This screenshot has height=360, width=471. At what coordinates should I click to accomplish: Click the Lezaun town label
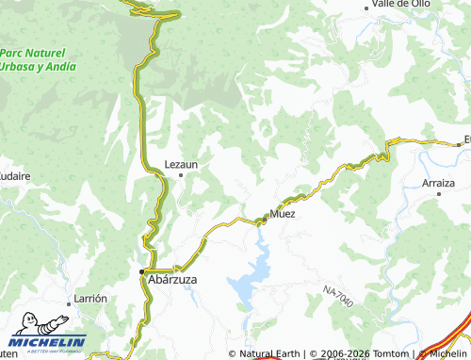[x=181, y=163]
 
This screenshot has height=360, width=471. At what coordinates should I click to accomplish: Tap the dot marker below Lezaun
[x=181, y=174]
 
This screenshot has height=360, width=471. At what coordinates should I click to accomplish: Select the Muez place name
[x=283, y=214]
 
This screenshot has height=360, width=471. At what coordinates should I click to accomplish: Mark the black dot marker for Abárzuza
[x=142, y=271]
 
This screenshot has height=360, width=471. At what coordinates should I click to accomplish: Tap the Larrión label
[x=89, y=298]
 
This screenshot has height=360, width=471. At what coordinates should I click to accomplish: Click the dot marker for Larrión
[x=72, y=304]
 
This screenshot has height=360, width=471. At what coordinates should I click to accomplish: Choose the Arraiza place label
[x=439, y=183]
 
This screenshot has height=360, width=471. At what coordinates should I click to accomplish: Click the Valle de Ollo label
[x=401, y=5]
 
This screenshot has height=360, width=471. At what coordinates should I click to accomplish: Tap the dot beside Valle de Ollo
[x=367, y=8]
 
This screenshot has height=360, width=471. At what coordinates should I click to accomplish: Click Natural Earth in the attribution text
[x=270, y=353]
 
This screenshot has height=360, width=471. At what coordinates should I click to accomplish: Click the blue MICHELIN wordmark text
[x=47, y=341]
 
